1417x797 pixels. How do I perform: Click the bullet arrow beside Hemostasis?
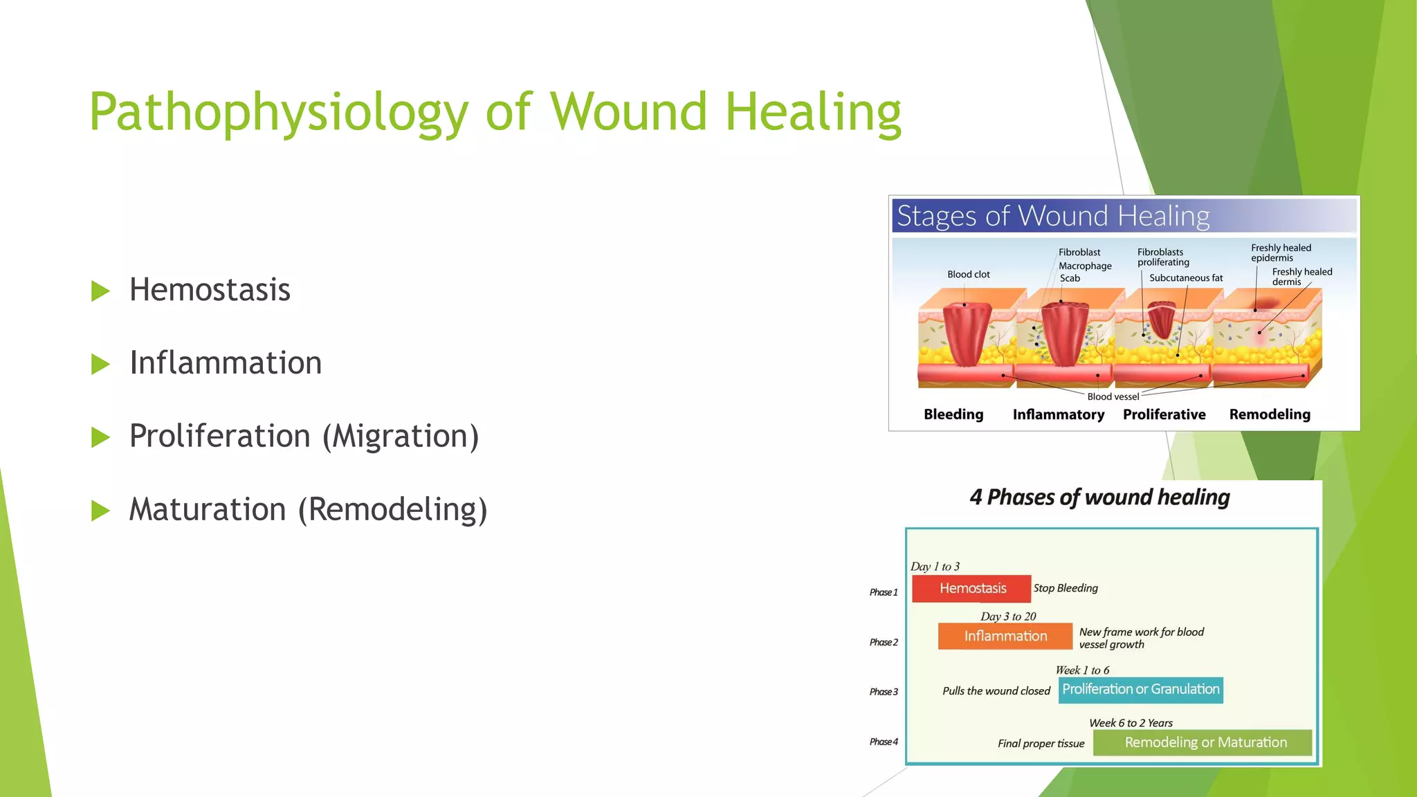pyautogui.click(x=100, y=291)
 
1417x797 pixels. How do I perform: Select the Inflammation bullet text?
pyautogui.click(x=226, y=363)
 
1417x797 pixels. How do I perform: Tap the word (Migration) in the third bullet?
pyautogui.click(x=401, y=437)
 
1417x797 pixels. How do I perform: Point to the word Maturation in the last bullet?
pyautogui.click(x=208, y=510)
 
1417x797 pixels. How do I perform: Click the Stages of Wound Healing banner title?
pyautogui.click(x=1052, y=216)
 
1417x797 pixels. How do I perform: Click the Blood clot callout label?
pyautogui.click(x=968, y=275)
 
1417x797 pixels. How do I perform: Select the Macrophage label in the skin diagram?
pyautogui.click(x=1085, y=266)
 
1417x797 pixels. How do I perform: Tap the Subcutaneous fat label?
pyautogui.click(x=1185, y=278)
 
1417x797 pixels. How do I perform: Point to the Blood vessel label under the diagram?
pyautogui.click(x=1113, y=396)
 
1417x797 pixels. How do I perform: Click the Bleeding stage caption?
pyautogui.click(x=953, y=414)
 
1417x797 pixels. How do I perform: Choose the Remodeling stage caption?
pyautogui.click(x=1269, y=414)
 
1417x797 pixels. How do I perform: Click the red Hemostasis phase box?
pyautogui.click(x=971, y=589)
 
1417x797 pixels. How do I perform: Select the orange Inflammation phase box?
pyautogui.click(x=1005, y=636)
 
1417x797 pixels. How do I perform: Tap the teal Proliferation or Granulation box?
pyautogui.click(x=1140, y=690)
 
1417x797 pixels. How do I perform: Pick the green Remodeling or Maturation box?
pyautogui.click(x=1205, y=742)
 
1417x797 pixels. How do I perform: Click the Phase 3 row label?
pyautogui.click(x=884, y=692)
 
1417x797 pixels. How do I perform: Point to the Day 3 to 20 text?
pyautogui.click(x=1007, y=616)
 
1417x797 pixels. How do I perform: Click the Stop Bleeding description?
pyautogui.click(x=1066, y=588)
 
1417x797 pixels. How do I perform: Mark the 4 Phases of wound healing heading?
pyautogui.click(x=1099, y=497)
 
